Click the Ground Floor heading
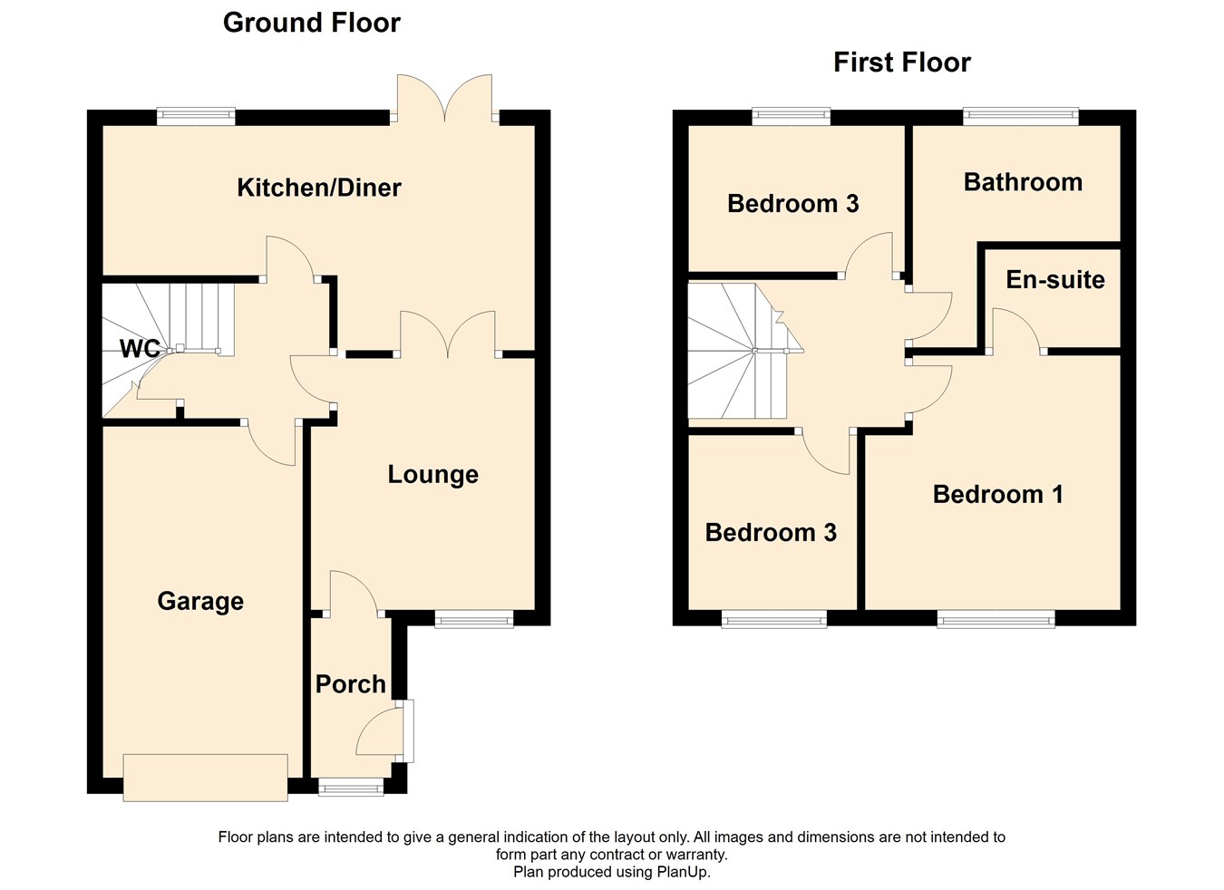311,23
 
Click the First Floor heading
901,63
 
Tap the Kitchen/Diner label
318,188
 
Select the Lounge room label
432,475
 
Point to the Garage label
200,601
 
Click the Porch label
350,684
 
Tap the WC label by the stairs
140,349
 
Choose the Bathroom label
1023,182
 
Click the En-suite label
1055,279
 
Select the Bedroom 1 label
997,494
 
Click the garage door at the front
205,778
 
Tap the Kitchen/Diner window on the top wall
196,116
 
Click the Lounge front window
473,620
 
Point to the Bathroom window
1020,116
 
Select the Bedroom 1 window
996,620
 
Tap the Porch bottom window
351,788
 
